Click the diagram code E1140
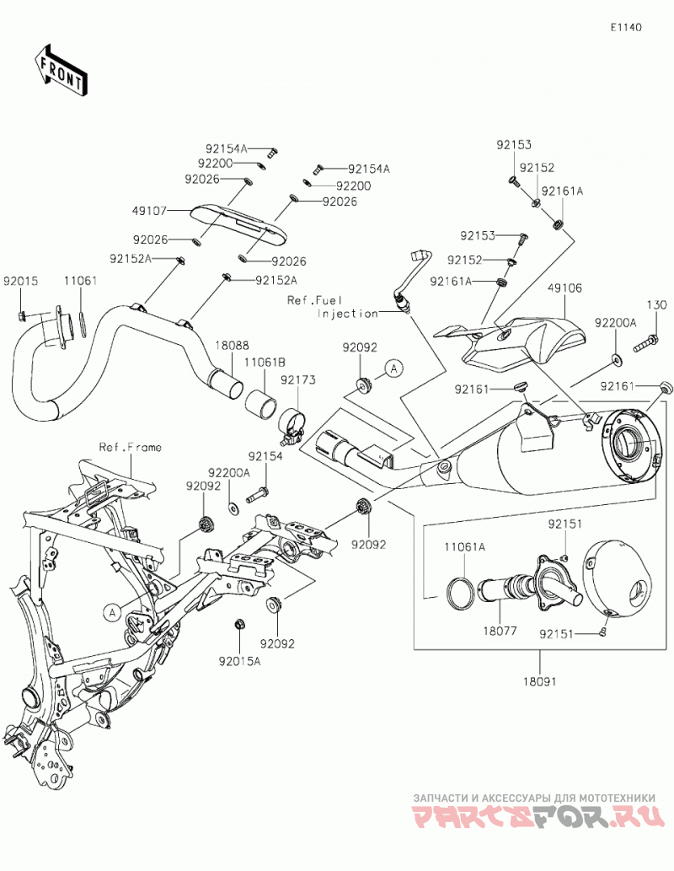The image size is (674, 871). point(626,27)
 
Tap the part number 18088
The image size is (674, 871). point(232,346)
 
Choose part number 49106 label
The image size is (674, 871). point(564,288)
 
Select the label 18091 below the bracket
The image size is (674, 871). point(543,681)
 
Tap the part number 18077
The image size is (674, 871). point(500,631)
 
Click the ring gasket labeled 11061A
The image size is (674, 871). point(460,592)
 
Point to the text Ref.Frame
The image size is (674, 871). point(130,447)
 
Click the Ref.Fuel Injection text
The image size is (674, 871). point(332,307)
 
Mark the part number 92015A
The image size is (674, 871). point(239,661)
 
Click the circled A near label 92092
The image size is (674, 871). point(393,368)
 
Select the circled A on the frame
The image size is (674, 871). point(111,612)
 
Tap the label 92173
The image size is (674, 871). point(298,380)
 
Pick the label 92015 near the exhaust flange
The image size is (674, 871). point(20,281)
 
